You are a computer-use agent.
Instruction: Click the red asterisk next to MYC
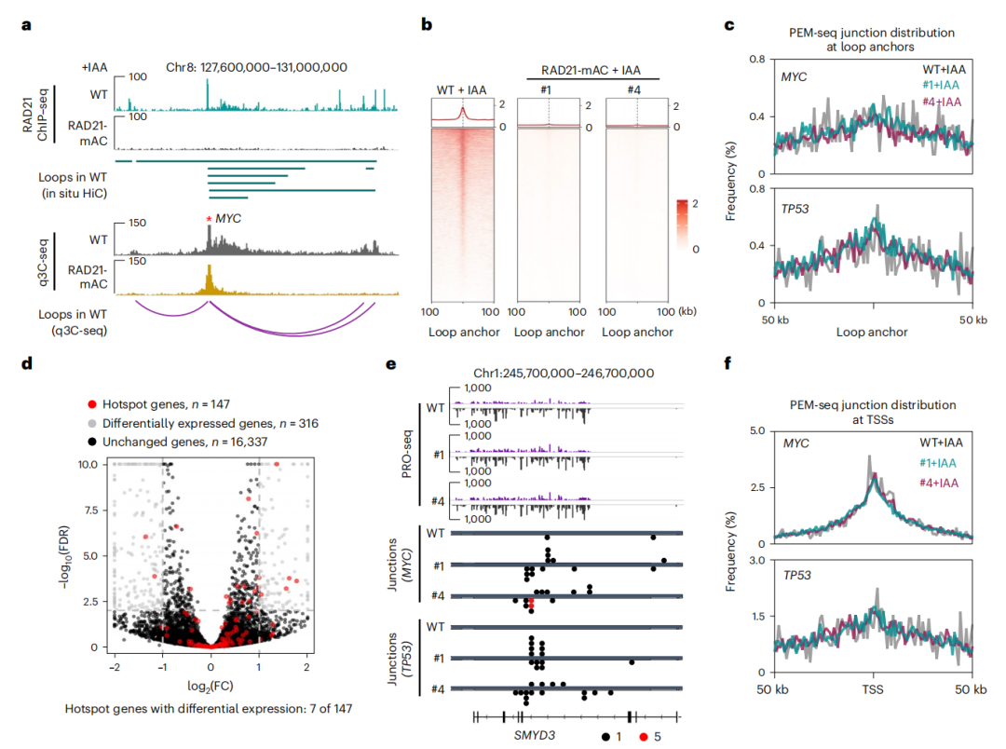coord(209,220)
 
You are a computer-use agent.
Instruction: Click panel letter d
coord(26,363)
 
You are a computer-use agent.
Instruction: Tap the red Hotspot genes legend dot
coord(91,404)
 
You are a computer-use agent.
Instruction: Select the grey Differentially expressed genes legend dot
coord(91,424)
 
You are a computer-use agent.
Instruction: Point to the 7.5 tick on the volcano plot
coord(88,511)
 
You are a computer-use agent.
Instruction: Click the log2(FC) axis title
coord(211,686)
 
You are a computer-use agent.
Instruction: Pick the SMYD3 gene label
coord(535,735)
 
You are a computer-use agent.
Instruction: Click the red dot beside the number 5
coord(644,737)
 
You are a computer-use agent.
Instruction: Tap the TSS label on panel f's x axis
coord(873,690)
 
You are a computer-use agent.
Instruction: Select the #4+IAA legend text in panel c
coord(941,102)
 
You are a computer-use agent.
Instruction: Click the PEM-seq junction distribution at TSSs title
coord(873,412)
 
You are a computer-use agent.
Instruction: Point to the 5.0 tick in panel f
coord(757,430)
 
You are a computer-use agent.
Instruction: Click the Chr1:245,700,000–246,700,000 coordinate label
coord(564,374)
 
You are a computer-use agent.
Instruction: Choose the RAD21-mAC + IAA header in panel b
coord(591,71)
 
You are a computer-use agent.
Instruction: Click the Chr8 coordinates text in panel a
coord(257,67)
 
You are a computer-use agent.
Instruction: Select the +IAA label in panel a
coord(94,67)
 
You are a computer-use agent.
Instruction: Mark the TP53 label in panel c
coord(795,210)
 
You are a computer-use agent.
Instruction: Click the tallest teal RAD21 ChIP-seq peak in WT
coord(207,94)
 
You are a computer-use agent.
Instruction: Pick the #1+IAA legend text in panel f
coord(937,463)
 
